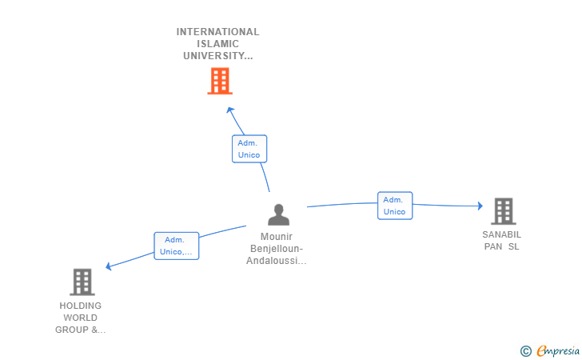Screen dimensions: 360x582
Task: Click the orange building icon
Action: [x=219, y=81]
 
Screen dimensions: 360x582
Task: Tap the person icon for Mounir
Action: [x=278, y=214]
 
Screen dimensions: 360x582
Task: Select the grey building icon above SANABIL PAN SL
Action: [x=503, y=211]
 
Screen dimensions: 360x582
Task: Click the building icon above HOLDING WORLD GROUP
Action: [x=82, y=282]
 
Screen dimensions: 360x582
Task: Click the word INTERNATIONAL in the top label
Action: [x=217, y=32]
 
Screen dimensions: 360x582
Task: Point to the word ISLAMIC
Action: [x=217, y=44]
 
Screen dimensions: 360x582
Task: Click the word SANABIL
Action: [x=501, y=235]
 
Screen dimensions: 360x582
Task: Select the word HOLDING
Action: [x=81, y=306]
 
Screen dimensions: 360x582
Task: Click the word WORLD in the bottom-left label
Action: [x=81, y=318]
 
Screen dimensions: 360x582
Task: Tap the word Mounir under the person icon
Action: [x=277, y=237]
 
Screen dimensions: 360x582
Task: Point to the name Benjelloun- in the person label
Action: [x=277, y=249]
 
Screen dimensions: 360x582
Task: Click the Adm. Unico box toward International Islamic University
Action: [x=249, y=149]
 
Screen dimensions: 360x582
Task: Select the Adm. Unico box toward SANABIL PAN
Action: [x=395, y=206]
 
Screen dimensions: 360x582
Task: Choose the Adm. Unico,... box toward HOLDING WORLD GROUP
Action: [x=176, y=246]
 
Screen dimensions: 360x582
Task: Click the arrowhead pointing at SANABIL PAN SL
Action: [x=480, y=206]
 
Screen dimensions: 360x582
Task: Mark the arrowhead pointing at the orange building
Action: [x=229, y=110]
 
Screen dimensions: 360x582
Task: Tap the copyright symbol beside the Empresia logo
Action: [x=525, y=350]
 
